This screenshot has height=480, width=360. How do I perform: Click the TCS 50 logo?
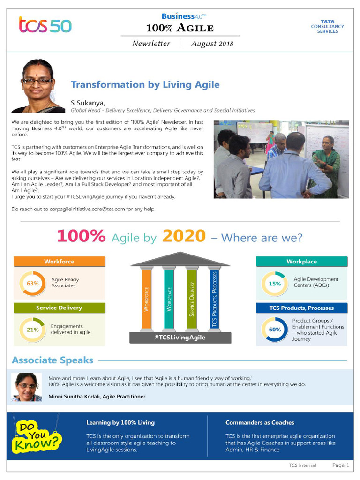45,25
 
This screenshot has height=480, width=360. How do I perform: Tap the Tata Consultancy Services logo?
327,26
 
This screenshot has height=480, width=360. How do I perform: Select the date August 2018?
212,44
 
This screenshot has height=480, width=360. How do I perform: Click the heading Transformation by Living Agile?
145,85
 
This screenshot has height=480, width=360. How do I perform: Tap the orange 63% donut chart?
32,284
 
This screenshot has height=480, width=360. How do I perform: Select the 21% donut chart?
32,330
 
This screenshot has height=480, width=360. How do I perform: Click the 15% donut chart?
275,284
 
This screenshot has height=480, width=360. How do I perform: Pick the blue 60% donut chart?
275,330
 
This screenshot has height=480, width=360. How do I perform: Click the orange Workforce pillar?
146,300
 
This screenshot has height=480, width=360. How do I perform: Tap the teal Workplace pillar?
169,300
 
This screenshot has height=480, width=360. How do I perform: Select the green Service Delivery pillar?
192,300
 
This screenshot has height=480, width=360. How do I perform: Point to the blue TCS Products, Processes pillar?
214,300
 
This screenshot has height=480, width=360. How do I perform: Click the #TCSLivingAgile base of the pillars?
180,337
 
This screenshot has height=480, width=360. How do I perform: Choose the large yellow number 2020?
184,236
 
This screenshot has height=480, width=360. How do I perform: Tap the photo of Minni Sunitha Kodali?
27,387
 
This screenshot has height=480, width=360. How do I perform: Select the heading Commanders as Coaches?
260,422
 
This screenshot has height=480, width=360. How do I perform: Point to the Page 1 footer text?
341,465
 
